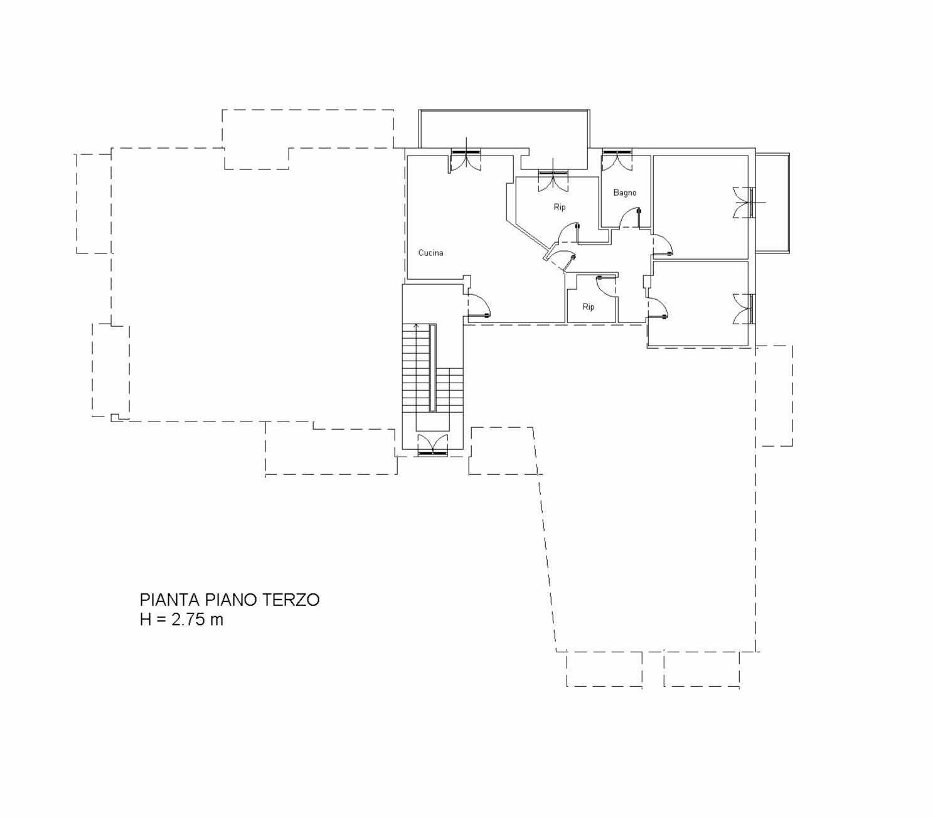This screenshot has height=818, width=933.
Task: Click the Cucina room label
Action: (x=430, y=253)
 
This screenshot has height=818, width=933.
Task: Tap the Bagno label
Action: (x=625, y=193)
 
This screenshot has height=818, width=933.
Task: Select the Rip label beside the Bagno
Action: (x=560, y=207)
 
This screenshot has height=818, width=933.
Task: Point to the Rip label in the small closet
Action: (x=589, y=307)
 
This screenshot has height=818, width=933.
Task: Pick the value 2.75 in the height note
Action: (x=189, y=620)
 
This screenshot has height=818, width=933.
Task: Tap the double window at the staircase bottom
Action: (x=432, y=445)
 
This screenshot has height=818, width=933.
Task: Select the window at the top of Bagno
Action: (x=617, y=160)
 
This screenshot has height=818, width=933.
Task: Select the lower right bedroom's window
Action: (x=743, y=309)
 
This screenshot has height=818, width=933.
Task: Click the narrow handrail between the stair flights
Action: (x=432, y=368)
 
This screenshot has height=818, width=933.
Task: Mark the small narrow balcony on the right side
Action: (x=773, y=203)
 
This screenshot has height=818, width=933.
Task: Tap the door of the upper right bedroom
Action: (x=663, y=245)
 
